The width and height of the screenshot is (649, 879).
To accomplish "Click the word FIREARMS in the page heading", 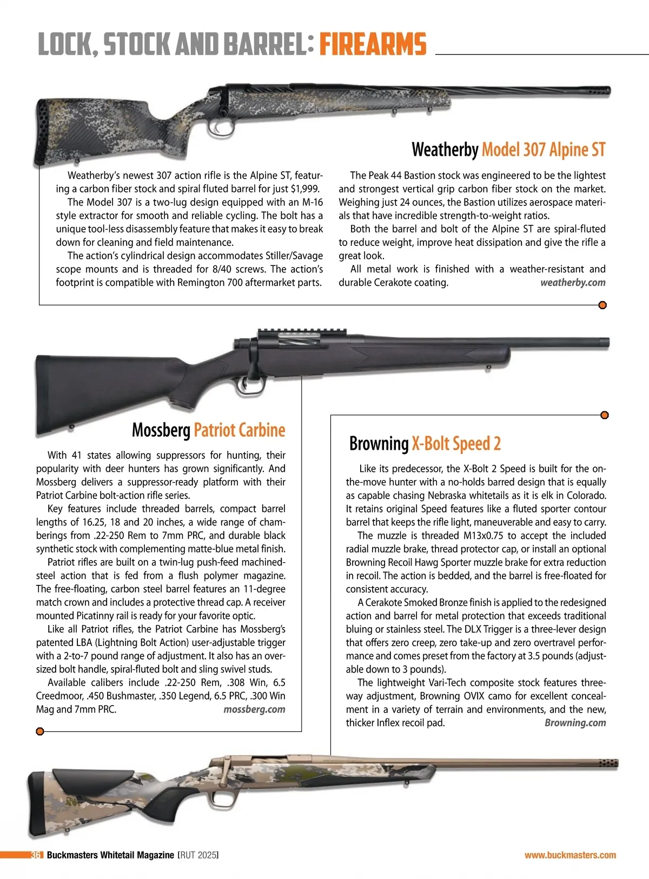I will click(373, 44).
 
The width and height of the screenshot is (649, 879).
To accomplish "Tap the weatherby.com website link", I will click(573, 282).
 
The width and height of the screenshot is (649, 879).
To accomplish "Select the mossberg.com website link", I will click(254, 709).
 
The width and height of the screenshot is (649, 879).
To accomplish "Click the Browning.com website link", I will click(575, 723).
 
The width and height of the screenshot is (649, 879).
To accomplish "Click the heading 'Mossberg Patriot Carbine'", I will click(208, 430).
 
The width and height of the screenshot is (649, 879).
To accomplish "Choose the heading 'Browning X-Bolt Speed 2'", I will click(425, 444).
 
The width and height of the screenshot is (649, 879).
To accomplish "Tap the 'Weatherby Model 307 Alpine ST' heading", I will click(508, 149).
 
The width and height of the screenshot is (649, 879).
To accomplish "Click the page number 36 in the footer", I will click(36, 855).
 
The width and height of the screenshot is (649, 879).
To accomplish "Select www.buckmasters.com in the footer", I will click(570, 855).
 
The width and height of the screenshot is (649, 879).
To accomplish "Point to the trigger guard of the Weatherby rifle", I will click(216, 128).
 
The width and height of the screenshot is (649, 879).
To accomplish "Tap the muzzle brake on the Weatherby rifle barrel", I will click(600, 91).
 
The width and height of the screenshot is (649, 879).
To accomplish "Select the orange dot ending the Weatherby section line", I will click(602, 305).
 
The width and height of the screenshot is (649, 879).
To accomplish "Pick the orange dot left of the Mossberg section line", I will click(39, 731).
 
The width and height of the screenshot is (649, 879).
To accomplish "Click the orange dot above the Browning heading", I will click(605, 415).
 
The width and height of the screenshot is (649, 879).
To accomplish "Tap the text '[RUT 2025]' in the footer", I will click(198, 855).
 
